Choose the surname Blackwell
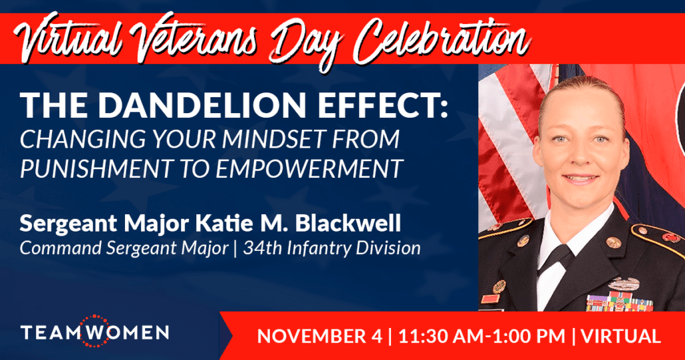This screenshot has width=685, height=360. [348, 223]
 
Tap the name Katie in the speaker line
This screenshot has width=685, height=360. [217, 223]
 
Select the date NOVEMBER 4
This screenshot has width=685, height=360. [319, 337]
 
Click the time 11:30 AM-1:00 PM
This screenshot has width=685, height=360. [482, 337]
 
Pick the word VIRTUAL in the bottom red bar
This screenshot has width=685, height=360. [620, 337]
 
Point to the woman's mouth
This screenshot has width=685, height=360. [580, 179]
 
